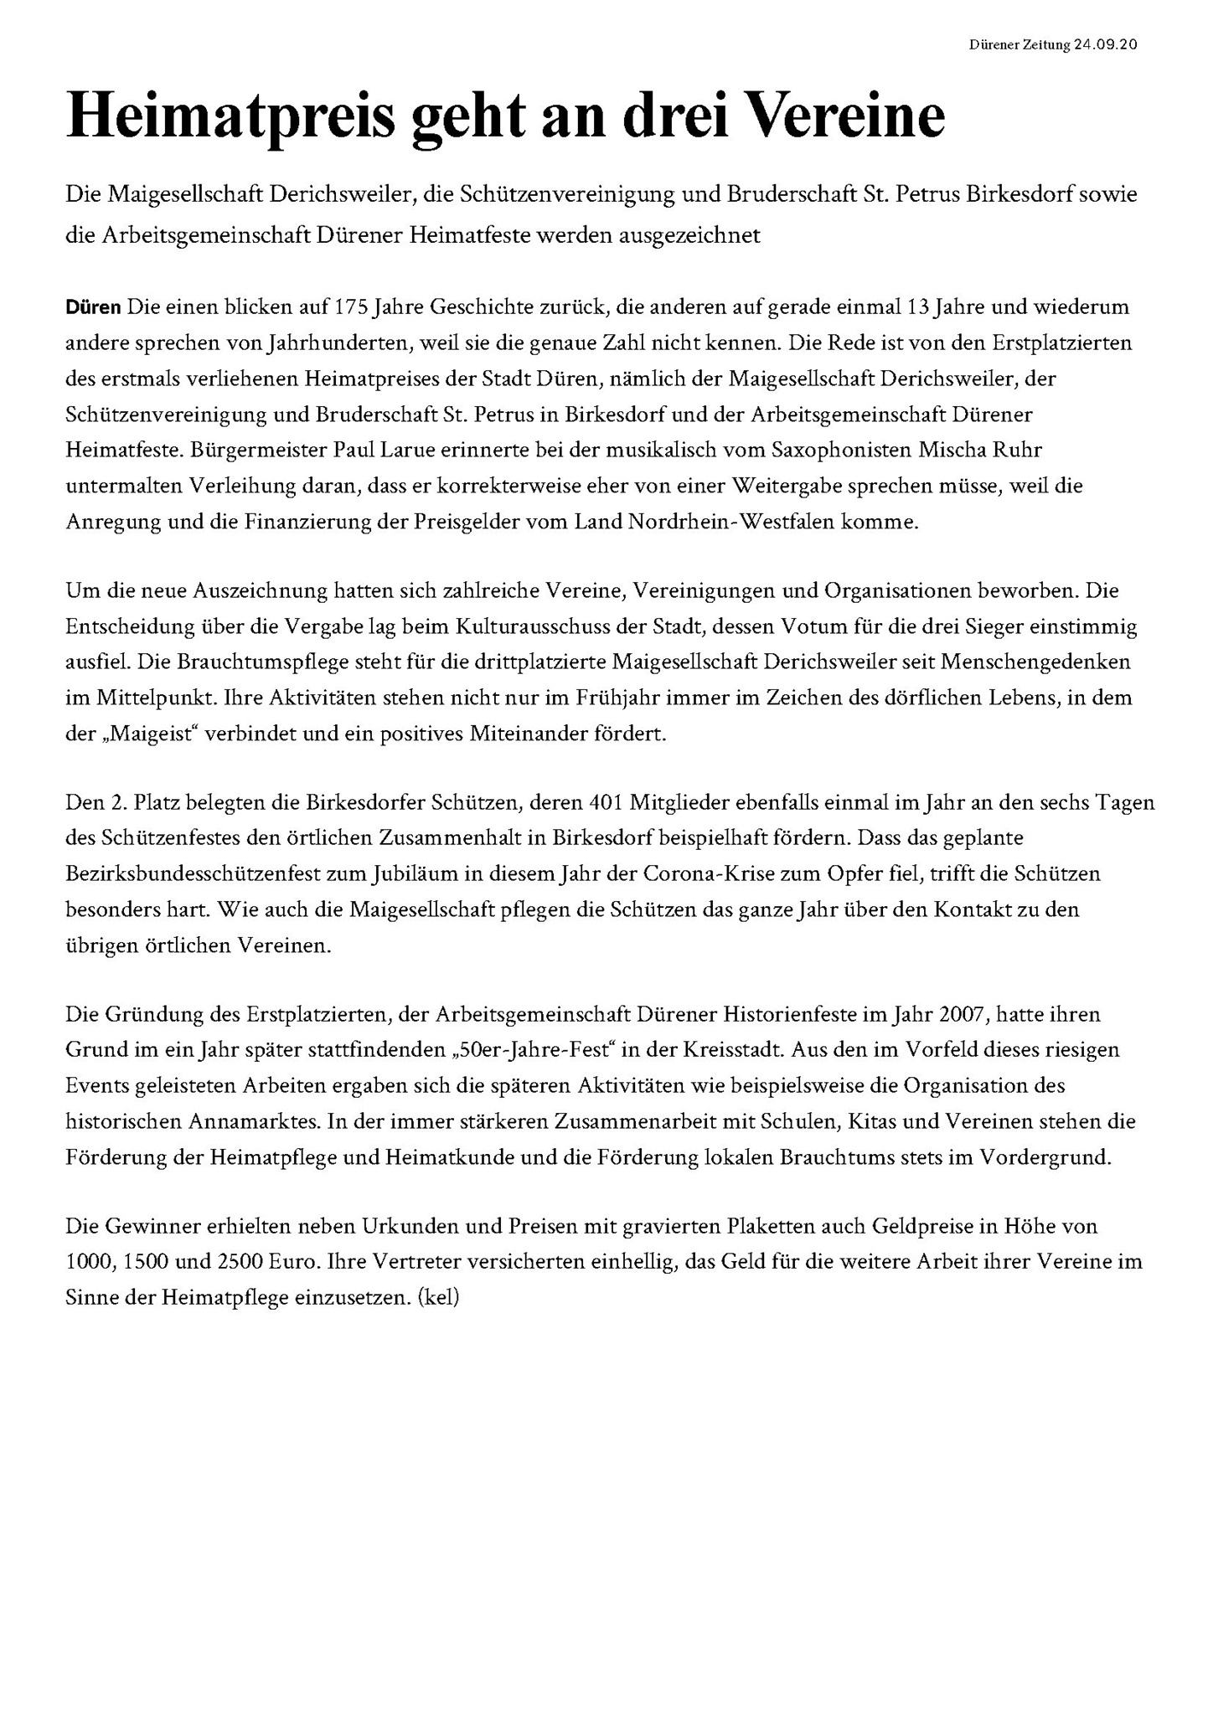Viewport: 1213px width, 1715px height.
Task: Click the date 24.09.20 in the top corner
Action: click(x=1105, y=45)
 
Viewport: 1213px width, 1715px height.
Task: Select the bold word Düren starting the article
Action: click(x=93, y=307)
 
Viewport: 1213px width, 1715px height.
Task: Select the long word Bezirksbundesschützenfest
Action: click(x=213, y=874)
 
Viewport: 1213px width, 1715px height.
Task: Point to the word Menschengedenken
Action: click(x=1035, y=662)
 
